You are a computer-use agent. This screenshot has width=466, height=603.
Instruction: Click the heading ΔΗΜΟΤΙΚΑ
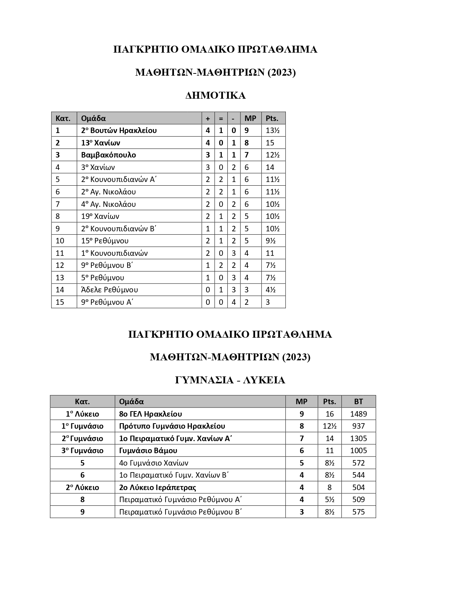[x=215, y=96]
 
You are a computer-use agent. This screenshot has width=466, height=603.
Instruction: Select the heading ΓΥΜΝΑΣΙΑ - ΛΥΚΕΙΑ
[x=230, y=380]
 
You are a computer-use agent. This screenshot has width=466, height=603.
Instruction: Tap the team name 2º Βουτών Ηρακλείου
[x=119, y=130]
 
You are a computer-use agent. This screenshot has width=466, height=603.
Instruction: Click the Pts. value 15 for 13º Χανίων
[x=270, y=143]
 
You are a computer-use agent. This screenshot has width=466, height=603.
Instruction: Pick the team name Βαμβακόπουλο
[x=109, y=155]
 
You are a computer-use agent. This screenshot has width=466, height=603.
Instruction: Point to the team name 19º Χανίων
[x=100, y=216]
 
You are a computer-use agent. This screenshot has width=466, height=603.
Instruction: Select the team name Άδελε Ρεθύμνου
[x=110, y=290]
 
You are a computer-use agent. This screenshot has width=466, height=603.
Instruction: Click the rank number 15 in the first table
[x=60, y=302]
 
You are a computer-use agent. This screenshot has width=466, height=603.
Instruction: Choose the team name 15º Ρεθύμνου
[x=105, y=241]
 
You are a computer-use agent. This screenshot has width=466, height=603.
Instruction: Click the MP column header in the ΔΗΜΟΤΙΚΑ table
[x=250, y=118]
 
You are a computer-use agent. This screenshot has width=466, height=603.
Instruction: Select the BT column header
[x=359, y=402]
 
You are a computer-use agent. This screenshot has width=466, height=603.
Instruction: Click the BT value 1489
[x=359, y=414]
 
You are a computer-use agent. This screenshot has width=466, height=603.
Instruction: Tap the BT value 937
[x=359, y=426]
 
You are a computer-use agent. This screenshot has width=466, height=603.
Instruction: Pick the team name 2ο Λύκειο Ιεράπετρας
[x=158, y=488]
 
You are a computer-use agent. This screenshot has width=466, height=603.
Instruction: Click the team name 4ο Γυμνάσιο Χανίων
[x=154, y=463]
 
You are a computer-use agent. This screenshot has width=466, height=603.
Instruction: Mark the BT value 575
[x=359, y=512]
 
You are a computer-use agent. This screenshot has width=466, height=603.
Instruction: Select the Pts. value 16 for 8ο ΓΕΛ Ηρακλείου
[x=330, y=414]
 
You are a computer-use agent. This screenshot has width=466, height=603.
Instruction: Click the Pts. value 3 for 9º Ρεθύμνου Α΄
[x=268, y=302]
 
